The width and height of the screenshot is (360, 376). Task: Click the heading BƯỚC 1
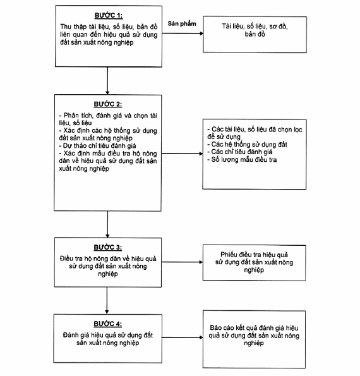click(109, 16)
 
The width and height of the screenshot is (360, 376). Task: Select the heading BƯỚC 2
click(108, 104)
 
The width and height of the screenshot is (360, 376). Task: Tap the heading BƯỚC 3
click(108, 247)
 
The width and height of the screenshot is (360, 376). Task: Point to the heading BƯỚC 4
click(108, 324)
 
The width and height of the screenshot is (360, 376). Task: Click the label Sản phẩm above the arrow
click(182, 24)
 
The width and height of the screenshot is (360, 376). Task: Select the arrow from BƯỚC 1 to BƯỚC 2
click(107, 81)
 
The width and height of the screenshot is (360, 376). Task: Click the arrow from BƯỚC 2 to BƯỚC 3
click(107, 224)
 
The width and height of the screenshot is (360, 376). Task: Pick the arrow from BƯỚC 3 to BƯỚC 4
click(107, 300)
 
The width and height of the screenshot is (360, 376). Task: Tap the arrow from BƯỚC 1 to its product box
click(183, 33)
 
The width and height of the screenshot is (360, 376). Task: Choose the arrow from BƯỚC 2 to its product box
click(182, 154)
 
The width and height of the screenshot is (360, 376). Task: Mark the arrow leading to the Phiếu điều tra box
click(182, 262)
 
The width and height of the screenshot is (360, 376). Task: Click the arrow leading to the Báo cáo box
click(183, 337)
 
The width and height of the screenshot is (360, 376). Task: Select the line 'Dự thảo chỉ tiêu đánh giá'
click(97, 146)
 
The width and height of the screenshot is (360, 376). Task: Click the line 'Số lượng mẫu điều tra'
click(242, 160)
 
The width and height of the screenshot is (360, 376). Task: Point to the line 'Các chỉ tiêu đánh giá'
click(240, 152)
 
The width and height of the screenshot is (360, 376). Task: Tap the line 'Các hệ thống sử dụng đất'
click(248, 144)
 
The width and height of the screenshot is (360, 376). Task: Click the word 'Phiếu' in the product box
click(229, 255)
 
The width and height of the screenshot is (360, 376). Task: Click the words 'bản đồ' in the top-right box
click(255, 34)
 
